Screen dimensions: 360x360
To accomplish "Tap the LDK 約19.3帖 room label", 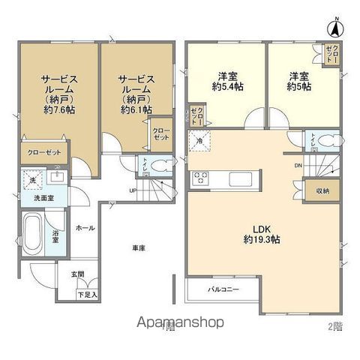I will click(260, 234).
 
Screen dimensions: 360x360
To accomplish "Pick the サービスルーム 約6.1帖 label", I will click(136, 93).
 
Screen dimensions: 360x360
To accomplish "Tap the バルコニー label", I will click(224, 289).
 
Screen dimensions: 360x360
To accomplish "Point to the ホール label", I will click(85, 226).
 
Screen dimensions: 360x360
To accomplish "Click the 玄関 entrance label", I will click(78, 274).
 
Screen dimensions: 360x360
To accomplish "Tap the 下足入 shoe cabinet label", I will click(88, 295).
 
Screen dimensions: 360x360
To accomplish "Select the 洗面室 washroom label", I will click(42, 197).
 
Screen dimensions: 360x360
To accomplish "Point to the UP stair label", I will click(133, 190).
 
